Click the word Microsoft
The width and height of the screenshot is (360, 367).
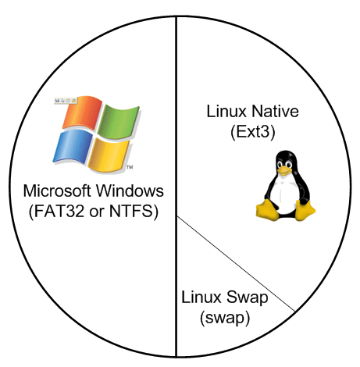[x=58, y=191]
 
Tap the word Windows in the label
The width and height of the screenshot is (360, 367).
[x=130, y=191]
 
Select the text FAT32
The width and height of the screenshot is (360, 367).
[x=59, y=211]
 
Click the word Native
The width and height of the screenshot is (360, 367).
[x=275, y=111]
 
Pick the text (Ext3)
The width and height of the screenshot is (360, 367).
[x=252, y=132]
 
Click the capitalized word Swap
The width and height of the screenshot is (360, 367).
[x=247, y=298]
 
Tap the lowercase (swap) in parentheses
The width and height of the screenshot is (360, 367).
[x=225, y=318]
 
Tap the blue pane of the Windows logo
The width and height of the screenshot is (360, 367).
[x=73, y=147]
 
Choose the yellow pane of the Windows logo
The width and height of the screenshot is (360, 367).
[x=109, y=155]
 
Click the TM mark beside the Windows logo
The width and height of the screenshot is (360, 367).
[x=130, y=167]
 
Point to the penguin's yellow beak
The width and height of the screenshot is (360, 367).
[x=284, y=170]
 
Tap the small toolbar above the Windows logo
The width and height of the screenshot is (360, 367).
[x=65, y=101]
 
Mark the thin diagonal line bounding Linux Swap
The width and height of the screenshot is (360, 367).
[x=236, y=263]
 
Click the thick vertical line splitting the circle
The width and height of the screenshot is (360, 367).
[x=176, y=187]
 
